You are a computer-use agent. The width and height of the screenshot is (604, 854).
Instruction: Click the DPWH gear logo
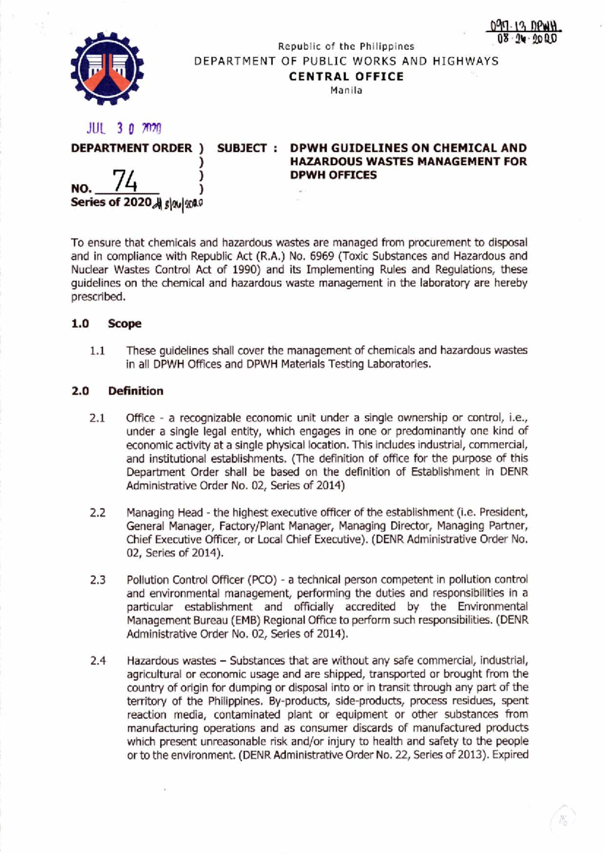pos(107,68)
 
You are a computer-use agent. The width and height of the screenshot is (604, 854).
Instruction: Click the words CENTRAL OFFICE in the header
pos(346,76)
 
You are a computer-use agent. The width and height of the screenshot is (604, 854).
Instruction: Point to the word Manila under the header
pos(346,91)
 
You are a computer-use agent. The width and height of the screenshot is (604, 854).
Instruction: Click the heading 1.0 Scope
pos(106,324)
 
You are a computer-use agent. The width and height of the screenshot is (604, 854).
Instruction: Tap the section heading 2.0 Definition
pos(117,391)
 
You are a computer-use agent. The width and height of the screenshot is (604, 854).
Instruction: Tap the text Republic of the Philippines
pos(346,47)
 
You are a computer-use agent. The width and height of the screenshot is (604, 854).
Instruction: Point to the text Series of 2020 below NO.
pos(111,202)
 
